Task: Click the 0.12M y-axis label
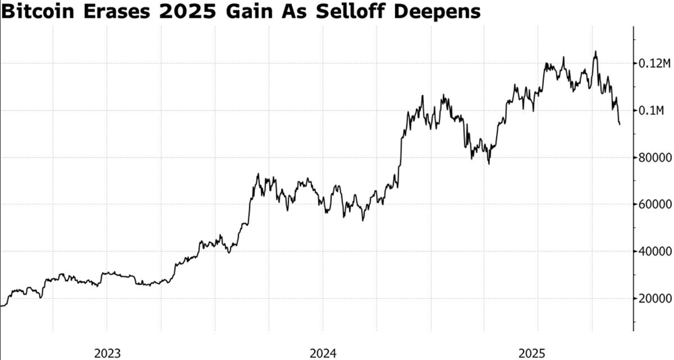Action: click(654, 63)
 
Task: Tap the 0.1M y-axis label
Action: click(652, 111)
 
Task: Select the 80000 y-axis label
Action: click(654, 158)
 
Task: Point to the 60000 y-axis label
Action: click(654, 204)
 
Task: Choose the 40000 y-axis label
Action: click(654, 251)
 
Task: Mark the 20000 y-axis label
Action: click(654, 299)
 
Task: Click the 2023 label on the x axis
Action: click(107, 353)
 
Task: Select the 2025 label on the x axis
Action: click(537, 353)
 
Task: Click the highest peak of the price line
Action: click(595, 51)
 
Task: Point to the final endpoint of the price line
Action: click(620, 124)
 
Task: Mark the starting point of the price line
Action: click(1, 306)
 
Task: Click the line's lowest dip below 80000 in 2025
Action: click(489, 163)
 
